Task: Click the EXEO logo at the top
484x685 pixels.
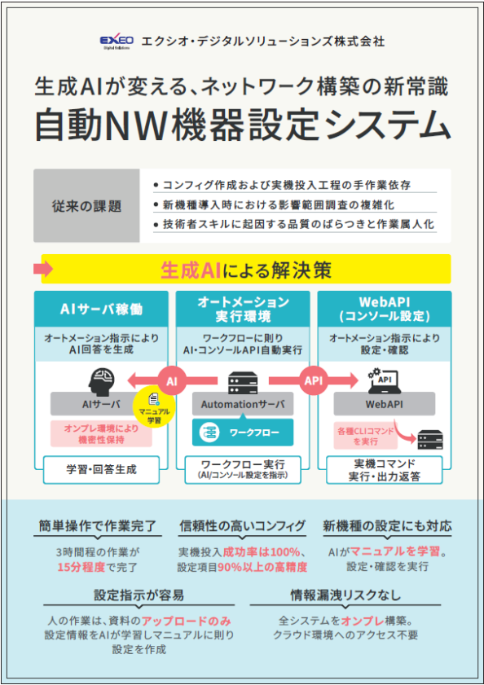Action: click(117, 42)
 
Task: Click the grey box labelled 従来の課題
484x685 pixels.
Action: click(86, 206)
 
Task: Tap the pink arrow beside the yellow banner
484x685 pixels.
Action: click(43, 269)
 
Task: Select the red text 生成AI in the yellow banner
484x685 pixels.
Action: click(191, 270)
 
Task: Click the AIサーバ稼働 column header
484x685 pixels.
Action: click(101, 309)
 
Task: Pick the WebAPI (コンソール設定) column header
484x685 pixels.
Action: click(385, 309)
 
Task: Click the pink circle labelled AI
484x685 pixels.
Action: click(172, 381)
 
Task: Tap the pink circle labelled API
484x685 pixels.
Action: click(314, 380)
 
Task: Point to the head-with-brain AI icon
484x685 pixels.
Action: click(101, 381)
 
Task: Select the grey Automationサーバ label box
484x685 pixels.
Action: click(243, 404)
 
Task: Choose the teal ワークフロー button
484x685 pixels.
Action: click(243, 433)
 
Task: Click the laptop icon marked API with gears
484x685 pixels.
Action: click(385, 380)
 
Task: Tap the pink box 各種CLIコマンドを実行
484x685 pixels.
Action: click(366, 436)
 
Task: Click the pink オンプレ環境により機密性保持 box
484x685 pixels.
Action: click(101, 434)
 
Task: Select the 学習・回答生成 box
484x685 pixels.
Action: click(101, 470)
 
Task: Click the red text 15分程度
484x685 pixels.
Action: click(81, 567)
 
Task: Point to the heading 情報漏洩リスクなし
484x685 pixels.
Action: click(345, 595)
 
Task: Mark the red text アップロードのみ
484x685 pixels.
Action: click(187, 621)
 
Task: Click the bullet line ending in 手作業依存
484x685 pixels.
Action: click(283, 185)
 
